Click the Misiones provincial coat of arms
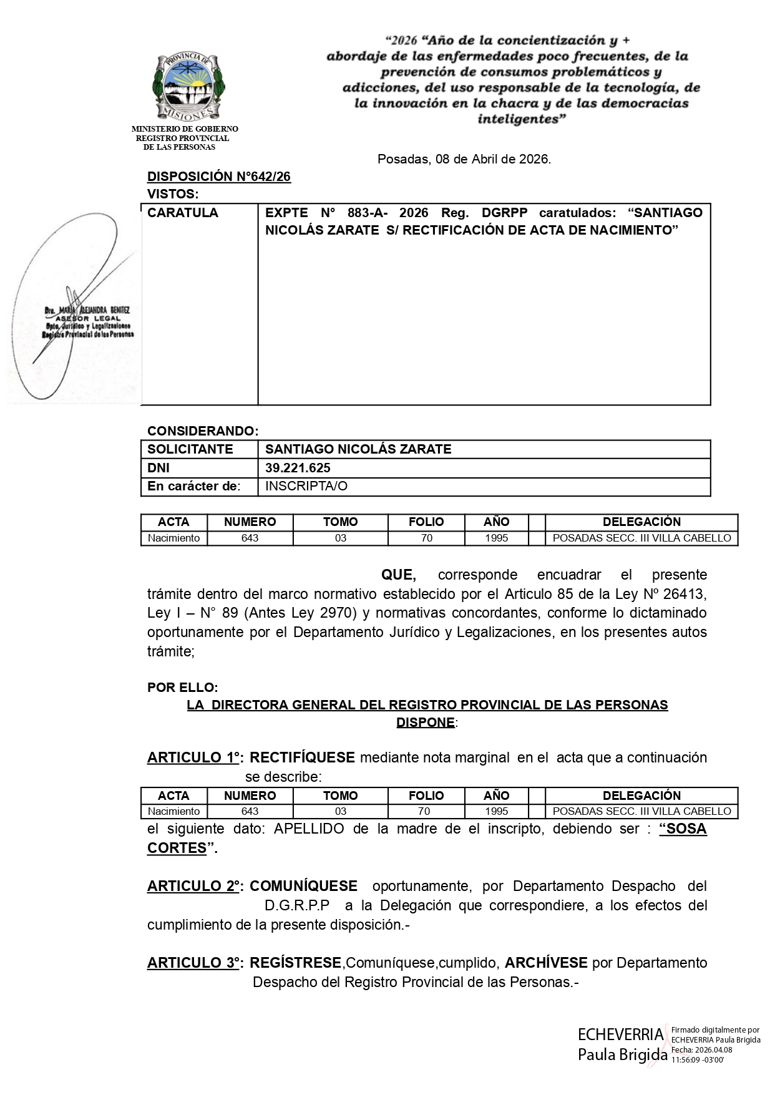[188, 87]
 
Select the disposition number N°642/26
[218, 177]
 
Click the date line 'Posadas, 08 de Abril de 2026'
[464, 159]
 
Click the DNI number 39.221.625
[298, 468]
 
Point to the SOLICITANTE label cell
[190, 449]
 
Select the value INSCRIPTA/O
[306, 486]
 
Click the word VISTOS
[172, 194]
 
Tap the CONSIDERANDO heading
[202, 431]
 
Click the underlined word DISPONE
[426, 723]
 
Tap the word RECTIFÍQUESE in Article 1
[302, 757]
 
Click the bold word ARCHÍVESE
[546, 963]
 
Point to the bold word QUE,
[398, 574]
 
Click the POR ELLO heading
[182, 688]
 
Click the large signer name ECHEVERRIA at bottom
[620, 1034]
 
